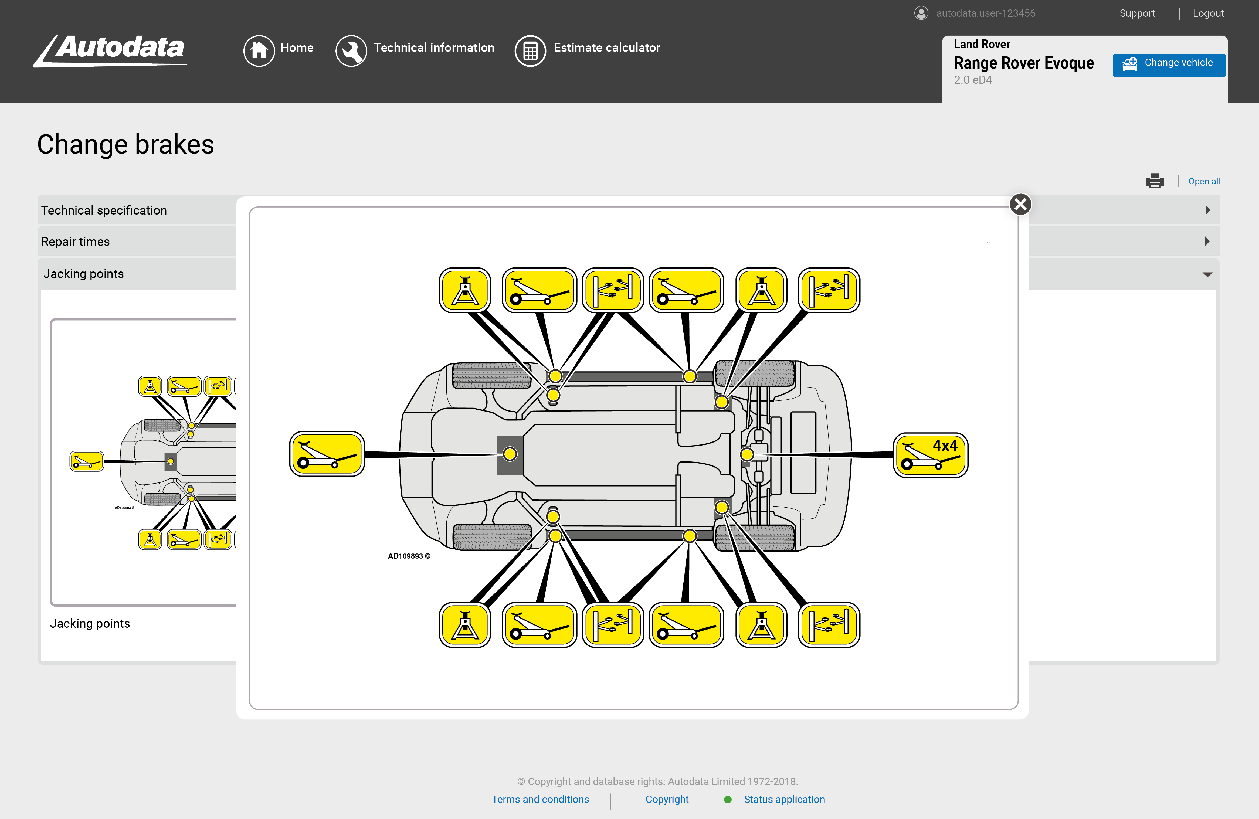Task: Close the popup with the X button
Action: point(1020,204)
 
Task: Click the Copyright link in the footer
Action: point(667,799)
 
